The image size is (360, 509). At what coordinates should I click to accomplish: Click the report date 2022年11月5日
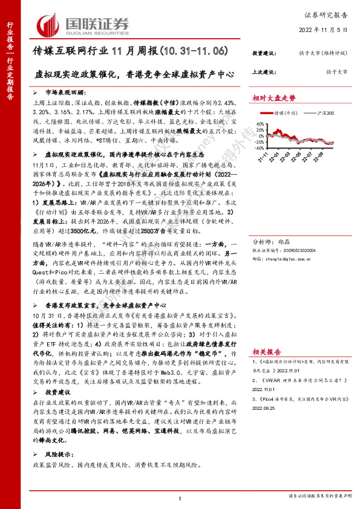(x=322, y=30)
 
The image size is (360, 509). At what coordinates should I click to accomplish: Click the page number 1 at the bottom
(x=180, y=498)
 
